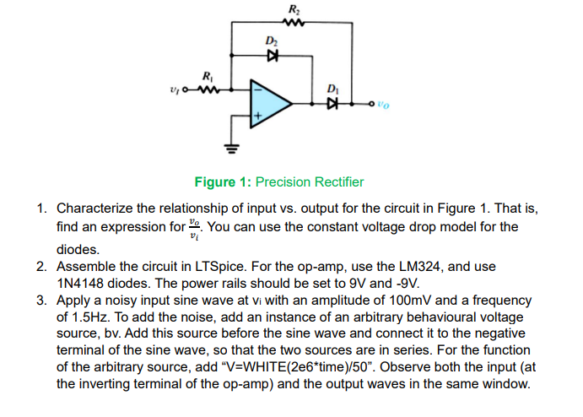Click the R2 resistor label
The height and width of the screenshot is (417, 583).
click(x=293, y=8)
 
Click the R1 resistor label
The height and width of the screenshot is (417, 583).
click(x=207, y=74)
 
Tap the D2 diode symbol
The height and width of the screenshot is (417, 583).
click(x=272, y=55)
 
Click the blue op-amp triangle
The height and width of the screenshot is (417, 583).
click(x=268, y=103)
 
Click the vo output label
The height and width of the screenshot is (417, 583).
click(x=384, y=105)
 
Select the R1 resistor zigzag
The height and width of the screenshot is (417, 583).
click(x=208, y=87)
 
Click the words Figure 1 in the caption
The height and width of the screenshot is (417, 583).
click(x=222, y=181)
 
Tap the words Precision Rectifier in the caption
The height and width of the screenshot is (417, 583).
click(x=310, y=181)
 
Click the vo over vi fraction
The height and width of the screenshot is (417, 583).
click(x=196, y=227)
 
